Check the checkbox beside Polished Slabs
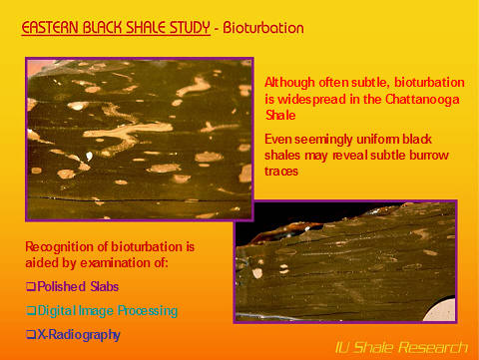pyautogui.click(x=30, y=286)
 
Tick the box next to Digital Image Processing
pyautogui.click(x=30, y=311)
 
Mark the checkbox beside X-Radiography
pyautogui.click(x=30, y=335)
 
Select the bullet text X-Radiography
pyautogui.click(x=78, y=335)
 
